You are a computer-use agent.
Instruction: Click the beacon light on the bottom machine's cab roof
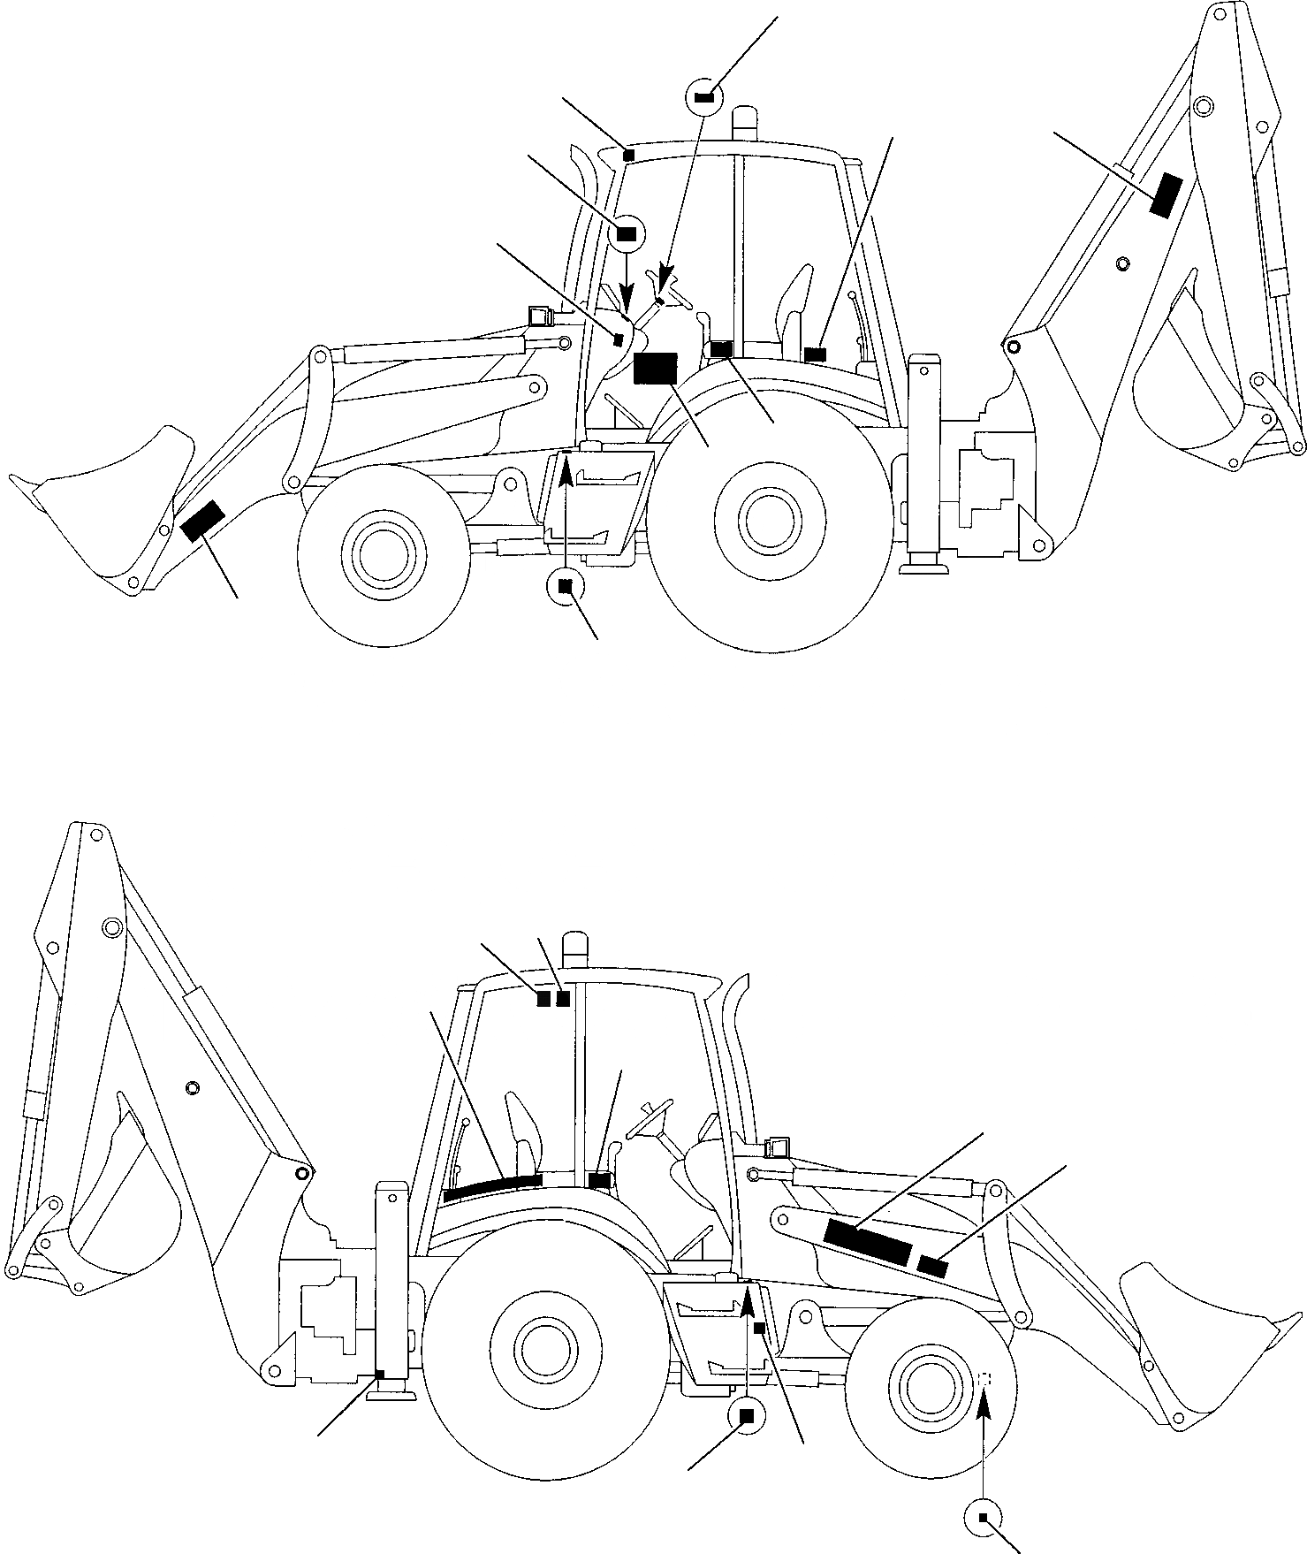(575, 946)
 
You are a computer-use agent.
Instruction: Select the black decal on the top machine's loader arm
(202, 520)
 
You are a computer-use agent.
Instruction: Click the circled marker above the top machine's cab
(704, 97)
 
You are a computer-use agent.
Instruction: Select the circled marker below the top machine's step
(566, 585)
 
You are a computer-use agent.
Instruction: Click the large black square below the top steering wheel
(655, 369)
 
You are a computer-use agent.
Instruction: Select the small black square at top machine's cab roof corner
(628, 156)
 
